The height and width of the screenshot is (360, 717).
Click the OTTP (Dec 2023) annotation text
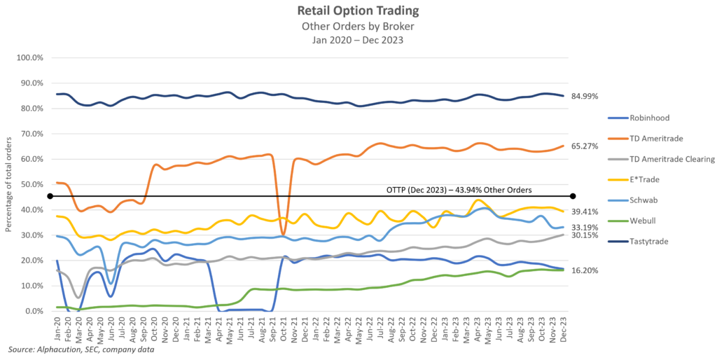(x=459, y=189)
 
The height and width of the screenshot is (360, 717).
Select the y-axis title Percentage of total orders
(x=9, y=184)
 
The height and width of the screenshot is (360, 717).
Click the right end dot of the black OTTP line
(x=573, y=196)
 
